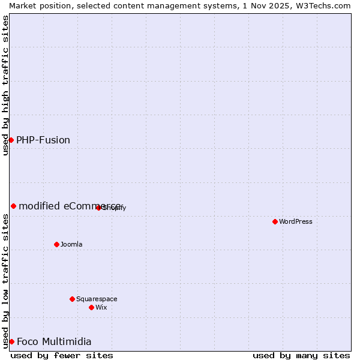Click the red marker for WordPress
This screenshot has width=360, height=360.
coord(275,221)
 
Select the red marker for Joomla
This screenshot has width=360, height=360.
coord(56,244)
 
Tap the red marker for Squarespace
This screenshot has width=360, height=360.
coord(72,299)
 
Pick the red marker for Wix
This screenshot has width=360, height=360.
coord(91,307)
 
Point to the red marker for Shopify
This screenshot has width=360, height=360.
coord(98,208)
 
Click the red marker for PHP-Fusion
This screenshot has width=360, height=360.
coord(11,140)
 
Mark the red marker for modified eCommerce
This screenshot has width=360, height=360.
coord(13,206)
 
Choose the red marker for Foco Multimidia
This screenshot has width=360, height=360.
coord(11,341)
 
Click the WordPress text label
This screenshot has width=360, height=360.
coord(296,221)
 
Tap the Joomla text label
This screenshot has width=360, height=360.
coord(71,244)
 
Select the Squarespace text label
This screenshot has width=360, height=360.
coord(97,299)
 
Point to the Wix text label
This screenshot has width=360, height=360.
coord(101,307)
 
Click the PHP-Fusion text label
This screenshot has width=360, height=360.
coord(43,140)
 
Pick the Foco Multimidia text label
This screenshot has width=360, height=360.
coord(54,341)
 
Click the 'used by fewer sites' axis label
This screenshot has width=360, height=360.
coord(62,355)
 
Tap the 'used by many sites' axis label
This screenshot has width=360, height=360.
coord(301,355)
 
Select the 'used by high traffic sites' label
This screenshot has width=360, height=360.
coord(5,85)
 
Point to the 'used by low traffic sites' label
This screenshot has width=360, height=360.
coord(5,281)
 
